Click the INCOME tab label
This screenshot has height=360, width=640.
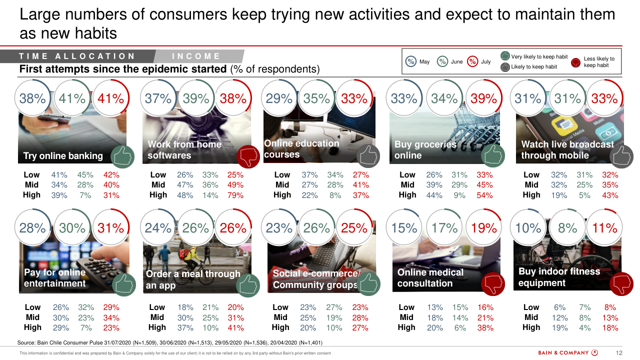coord(196,56)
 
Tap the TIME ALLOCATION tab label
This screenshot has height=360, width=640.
coord(77,56)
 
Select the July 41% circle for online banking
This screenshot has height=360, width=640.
coord(110,98)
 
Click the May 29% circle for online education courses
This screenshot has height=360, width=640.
coord(279,98)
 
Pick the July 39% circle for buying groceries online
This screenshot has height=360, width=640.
coord(484,98)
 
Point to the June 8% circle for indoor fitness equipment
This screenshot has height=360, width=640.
coord(567,228)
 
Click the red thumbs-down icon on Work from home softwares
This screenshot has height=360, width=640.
coord(248,157)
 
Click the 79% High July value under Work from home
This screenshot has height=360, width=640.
coord(235,195)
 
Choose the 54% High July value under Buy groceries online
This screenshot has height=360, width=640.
coord(484,195)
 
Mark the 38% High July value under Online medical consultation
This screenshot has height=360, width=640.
coord(485,327)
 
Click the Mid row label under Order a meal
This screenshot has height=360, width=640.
coord(157,317)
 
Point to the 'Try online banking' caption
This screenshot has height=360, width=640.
coord(63,155)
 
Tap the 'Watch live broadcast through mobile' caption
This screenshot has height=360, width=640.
coord(567,149)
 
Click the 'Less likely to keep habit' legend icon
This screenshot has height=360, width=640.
coord(576,62)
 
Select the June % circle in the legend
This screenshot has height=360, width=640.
coord(442,61)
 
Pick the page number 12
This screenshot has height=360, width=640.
coord(619,353)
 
